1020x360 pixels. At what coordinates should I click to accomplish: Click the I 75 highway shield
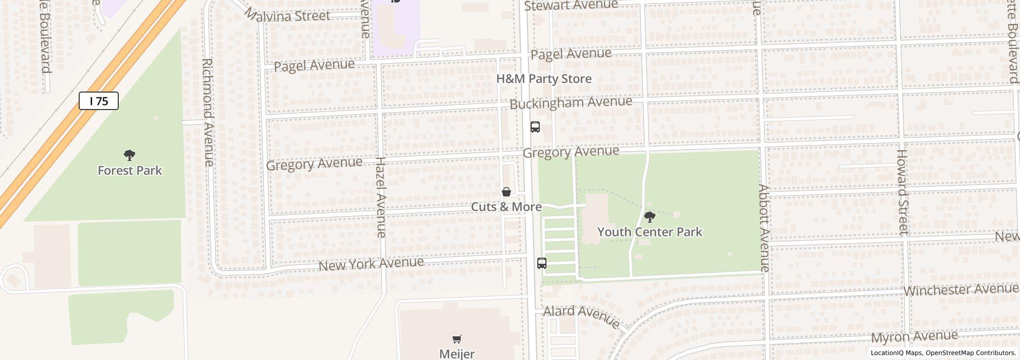tap(99, 101)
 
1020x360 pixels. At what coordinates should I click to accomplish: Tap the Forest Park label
tap(130, 170)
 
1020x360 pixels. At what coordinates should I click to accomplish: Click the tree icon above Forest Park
tap(130, 155)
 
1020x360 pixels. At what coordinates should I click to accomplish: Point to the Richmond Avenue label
tap(208, 112)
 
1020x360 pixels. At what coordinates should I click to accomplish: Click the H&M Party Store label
tap(543, 79)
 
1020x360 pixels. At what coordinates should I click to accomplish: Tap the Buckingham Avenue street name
tap(571, 102)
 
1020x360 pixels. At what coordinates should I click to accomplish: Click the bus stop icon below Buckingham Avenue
tap(535, 127)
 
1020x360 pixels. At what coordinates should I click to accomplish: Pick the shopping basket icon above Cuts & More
tap(506, 192)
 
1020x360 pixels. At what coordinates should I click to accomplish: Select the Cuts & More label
tap(506, 207)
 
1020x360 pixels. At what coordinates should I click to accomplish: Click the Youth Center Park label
tap(649, 232)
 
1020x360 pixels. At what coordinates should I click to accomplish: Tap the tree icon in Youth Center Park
tap(650, 217)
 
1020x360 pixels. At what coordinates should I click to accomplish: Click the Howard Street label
tap(903, 192)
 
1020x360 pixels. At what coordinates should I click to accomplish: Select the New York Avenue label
tap(371, 264)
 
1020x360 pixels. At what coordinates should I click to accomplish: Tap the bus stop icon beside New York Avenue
tap(542, 263)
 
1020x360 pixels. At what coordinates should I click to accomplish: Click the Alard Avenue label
tap(581, 316)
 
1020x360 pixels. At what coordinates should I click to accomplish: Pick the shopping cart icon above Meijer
tap(457, 339)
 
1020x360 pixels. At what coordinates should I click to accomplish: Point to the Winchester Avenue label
tap(960, 290)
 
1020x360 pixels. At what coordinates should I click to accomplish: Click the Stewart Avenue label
tap(571, 5)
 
